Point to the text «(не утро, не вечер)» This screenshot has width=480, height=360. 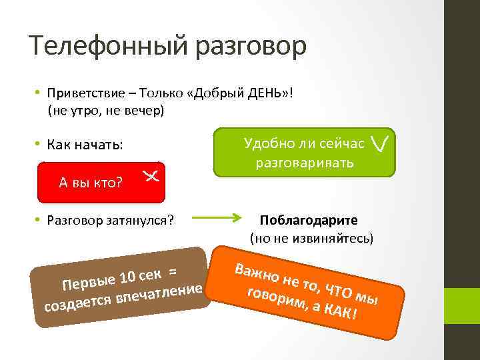coord(105,111)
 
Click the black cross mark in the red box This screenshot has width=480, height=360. coord(150,176)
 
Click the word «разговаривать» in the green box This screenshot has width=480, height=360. coord(303,162)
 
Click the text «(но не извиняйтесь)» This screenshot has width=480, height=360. coord(311,237)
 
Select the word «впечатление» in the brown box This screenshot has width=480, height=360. coord(160,294)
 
